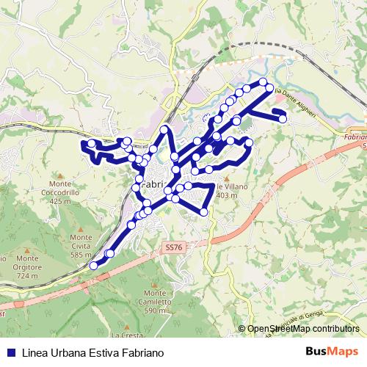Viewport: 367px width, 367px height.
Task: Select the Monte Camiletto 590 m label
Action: [155, 301]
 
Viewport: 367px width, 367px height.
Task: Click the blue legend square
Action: [10, 352]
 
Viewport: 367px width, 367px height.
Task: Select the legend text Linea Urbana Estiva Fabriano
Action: [91, 352]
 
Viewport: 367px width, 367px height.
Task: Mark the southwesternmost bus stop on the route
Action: [93, 265]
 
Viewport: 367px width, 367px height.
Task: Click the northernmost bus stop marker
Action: [264, 81]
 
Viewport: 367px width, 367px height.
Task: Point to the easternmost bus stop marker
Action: [283, 119]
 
